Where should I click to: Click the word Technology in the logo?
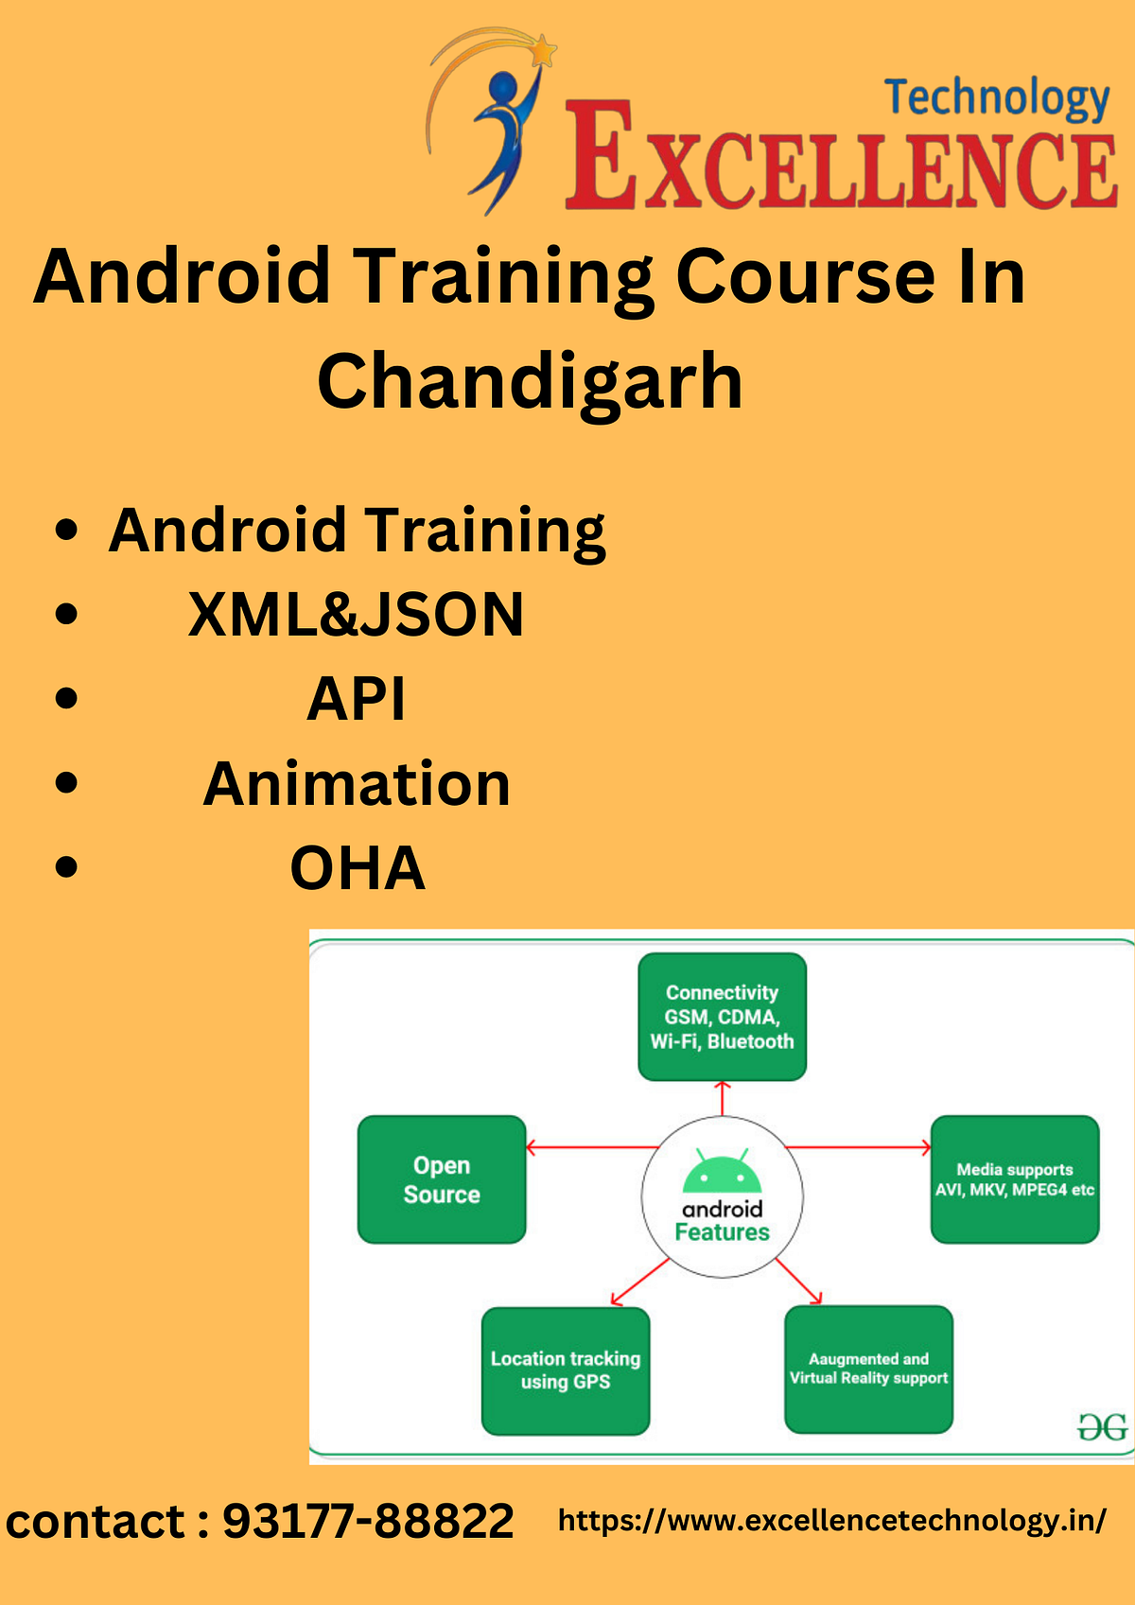tap(997, 98)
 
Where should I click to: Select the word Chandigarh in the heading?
tap(530, 380)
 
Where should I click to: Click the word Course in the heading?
tap(805, 276)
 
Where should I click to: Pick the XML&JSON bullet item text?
tap(357, 615)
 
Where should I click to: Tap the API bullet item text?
tap(357, 700)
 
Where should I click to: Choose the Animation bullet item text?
tap(357, 784)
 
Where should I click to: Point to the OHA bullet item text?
tap(357, 868)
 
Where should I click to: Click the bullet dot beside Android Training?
tap(66, 531)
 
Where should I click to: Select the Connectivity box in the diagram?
tap(722, 1017)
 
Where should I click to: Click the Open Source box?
tap(442, 1179)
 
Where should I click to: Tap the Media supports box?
tap(1015, 1179)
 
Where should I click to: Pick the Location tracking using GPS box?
tap(566, 1370)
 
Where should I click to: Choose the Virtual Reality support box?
tap(868, 1369)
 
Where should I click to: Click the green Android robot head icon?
tap(723, 1173)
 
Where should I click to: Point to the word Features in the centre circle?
tap(723, 1232)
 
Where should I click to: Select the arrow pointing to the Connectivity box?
tap(723, 1097)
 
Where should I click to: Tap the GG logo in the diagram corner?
tap(1103, 1427)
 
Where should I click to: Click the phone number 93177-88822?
tap(368, 1522)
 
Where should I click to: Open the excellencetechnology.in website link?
tap(831, 1520)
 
